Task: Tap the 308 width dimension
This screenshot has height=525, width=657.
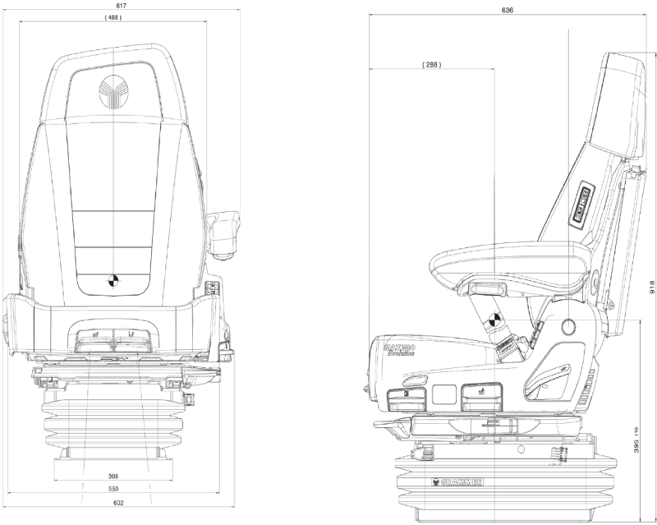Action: coord(113,476)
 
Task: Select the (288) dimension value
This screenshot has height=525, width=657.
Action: coord(431,64)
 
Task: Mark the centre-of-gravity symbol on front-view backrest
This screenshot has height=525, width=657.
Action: coord(112,280)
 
